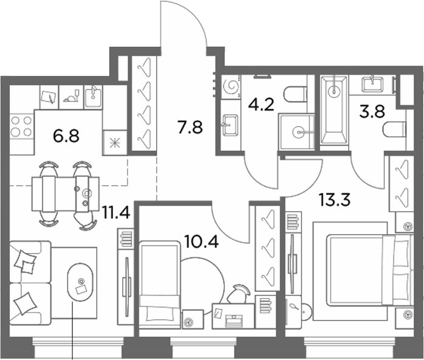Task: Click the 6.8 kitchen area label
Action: (66, 136)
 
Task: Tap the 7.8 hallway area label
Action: (190, 127)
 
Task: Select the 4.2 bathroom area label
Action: (261, 105)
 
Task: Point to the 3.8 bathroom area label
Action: (372, 111)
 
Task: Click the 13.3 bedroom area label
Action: (335, 199)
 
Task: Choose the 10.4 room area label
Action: (201, 241)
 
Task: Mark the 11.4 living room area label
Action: (116, 212)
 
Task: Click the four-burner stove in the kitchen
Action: (21, 126)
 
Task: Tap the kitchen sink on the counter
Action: (93, 97)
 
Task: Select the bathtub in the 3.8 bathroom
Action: (334, 109)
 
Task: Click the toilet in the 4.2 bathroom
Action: (295, 94)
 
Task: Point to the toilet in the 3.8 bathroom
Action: (394, 130)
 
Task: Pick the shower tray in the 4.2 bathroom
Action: (297, 132)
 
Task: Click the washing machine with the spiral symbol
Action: (231, 86)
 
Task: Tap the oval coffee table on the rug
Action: (80, 282)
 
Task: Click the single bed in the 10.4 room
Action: (160, 285)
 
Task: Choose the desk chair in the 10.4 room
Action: (238, 294)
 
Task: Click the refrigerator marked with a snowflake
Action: (115, 143)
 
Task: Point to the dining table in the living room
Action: (66, 194)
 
